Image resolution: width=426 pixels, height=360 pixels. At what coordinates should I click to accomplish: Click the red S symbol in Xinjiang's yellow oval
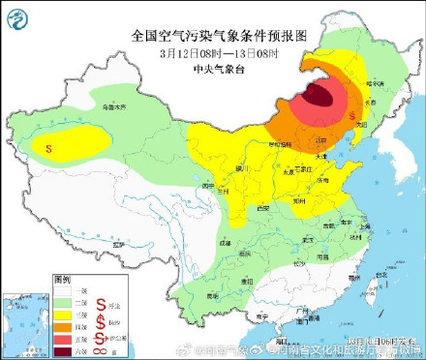tap(48, 148)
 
